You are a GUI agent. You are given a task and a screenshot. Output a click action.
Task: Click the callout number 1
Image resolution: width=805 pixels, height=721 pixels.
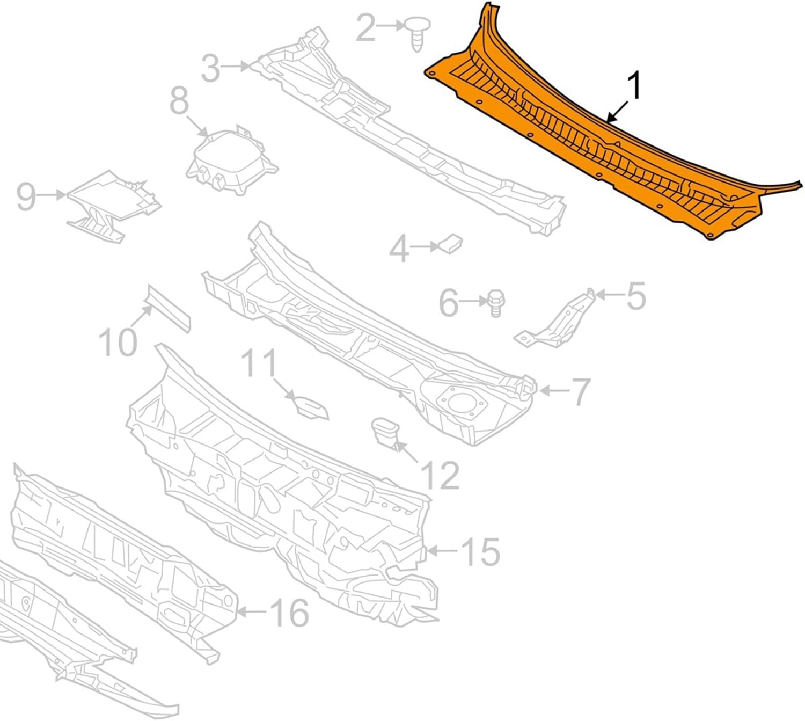(634, 88)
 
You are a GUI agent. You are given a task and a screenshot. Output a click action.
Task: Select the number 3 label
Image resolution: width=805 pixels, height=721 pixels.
(211, 68)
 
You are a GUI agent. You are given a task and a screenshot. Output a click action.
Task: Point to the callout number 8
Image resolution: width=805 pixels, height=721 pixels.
(180, 101)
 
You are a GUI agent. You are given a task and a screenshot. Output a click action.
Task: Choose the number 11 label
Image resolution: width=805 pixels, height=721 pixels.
(260, 364)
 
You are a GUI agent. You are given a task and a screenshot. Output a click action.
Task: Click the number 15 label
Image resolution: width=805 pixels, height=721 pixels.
(480, 551)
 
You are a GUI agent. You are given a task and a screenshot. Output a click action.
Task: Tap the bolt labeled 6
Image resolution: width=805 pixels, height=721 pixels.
(494, 304)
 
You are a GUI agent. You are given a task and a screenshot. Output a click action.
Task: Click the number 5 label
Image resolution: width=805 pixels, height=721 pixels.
(636, 296)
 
